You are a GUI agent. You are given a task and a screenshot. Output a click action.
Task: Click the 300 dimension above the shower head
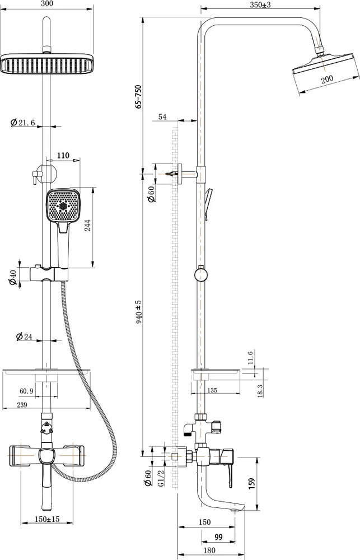(47, 3)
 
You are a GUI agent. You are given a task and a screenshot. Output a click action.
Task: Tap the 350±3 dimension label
(260, 4)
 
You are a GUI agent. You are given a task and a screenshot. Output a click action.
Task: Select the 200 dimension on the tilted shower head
(327, 80)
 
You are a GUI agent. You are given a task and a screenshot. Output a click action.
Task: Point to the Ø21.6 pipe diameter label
(23, 123)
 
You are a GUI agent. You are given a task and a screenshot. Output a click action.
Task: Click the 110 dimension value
(63, 155)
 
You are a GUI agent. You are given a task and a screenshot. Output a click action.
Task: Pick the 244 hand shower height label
(87, 225)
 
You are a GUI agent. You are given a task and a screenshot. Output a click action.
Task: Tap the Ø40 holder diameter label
(13, 278)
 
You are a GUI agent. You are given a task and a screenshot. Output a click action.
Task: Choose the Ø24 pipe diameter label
(25, 337)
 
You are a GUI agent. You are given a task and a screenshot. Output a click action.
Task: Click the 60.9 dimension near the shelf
(26, 391)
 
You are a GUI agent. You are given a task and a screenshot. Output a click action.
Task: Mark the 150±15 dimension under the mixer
(47, 519)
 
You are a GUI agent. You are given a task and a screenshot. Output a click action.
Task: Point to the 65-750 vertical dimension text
(139, 96)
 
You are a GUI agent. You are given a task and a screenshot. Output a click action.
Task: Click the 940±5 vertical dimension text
(139, 311)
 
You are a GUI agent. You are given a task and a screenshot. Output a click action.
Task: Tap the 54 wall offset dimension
(162, 117)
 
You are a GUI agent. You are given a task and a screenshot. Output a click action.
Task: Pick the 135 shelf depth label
(212, 390)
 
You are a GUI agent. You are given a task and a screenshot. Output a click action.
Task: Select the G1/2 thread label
(161, 478)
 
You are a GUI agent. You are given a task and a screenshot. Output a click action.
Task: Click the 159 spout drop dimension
(252, 484)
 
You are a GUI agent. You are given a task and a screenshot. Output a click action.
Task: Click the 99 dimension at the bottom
(218, 537)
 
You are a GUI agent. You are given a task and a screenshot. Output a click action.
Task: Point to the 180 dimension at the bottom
(209, 550)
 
